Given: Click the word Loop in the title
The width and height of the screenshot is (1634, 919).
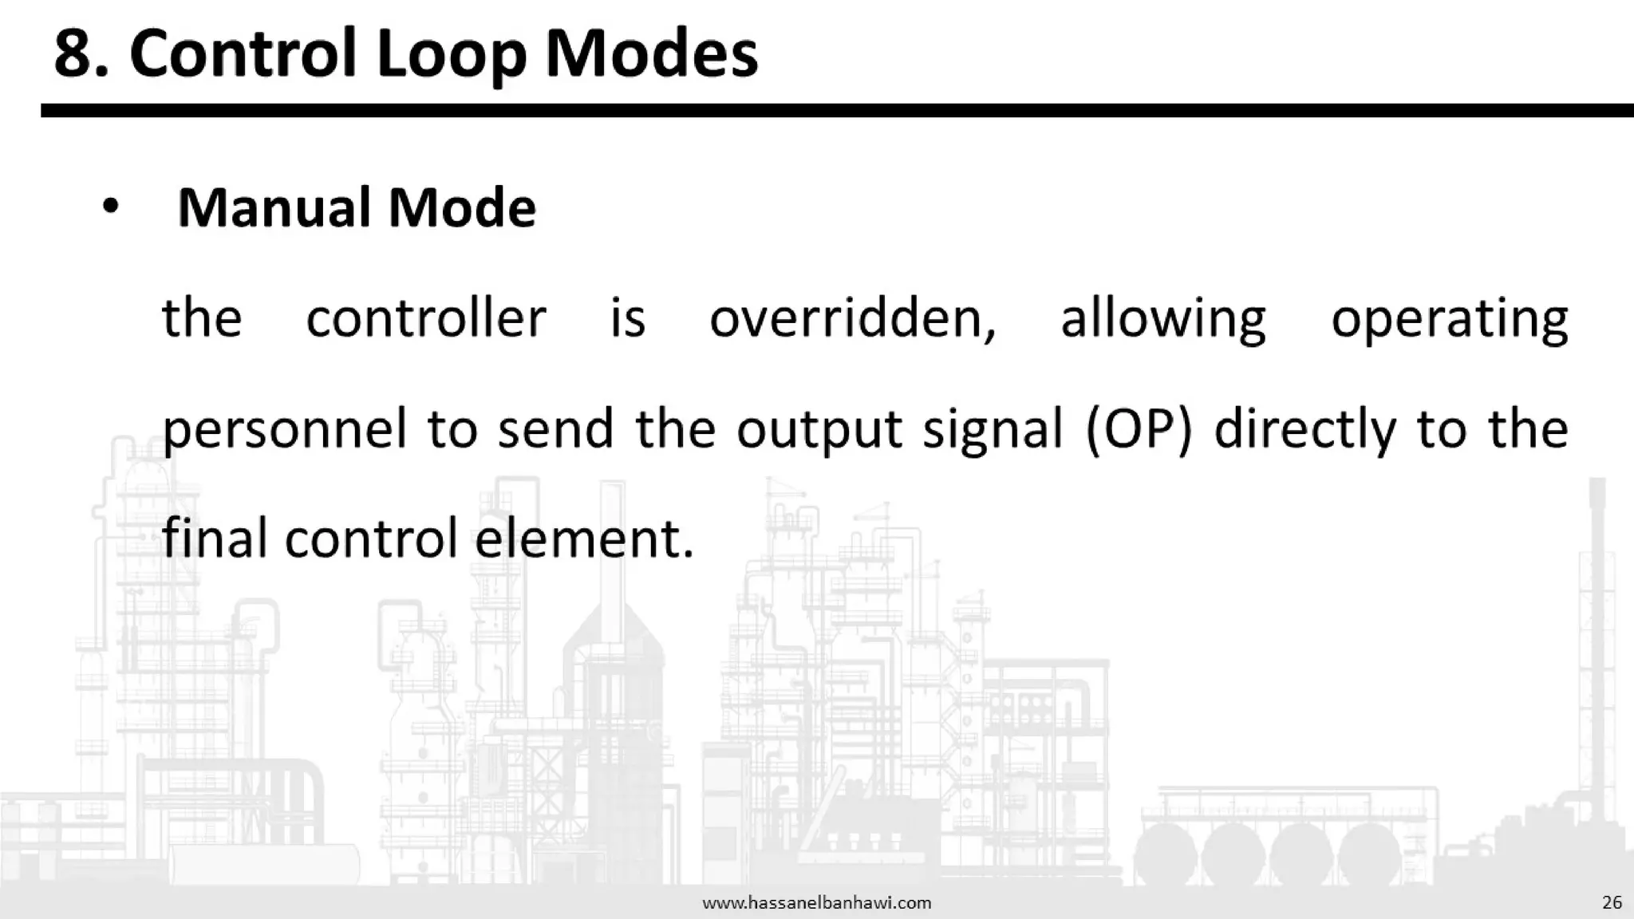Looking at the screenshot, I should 451,54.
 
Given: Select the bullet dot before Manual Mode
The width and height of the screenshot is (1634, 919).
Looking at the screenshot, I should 110,207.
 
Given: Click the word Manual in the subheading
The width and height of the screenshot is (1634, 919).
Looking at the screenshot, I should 273,207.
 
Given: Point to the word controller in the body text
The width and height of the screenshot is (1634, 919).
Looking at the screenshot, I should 426,318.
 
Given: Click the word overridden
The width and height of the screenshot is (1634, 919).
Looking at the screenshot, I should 852,318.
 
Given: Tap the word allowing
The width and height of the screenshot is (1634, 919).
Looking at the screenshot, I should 1162,318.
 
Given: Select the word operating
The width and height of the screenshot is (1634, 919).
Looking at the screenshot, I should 1449,318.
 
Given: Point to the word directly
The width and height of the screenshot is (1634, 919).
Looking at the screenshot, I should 1305,428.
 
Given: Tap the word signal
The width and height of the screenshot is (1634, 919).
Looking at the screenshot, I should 993,428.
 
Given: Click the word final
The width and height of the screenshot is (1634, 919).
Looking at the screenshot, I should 214,538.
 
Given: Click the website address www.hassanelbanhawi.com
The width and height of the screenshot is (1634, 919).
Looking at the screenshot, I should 816,903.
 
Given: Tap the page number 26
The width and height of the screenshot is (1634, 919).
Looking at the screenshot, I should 1612,902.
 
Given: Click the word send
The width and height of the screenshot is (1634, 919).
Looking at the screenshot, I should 555,428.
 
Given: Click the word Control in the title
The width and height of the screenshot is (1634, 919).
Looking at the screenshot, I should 243,54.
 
